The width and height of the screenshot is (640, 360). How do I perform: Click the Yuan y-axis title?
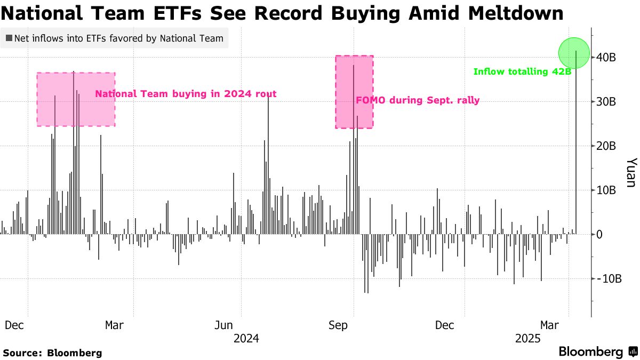[631, 172]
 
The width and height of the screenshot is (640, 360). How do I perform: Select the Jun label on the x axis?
[225, 325]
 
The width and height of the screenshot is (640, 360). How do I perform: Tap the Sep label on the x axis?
[338, 325]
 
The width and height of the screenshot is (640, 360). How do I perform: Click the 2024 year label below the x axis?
[246, 339]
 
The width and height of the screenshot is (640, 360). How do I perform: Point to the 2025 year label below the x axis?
[529, 339]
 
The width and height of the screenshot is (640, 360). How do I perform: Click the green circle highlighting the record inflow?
[574, 53]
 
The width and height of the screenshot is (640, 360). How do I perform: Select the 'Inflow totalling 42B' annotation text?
[523, 71]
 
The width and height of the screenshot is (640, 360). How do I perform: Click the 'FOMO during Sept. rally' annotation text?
[418, 100]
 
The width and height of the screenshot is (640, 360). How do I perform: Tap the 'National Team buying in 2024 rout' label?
[186, 94]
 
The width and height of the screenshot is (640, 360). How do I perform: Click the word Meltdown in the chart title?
[515, 13]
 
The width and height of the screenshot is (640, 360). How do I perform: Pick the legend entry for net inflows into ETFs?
[114, 38]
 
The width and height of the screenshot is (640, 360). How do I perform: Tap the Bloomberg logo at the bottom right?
[598, 352]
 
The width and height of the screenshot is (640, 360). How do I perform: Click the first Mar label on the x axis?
[115, 325]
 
